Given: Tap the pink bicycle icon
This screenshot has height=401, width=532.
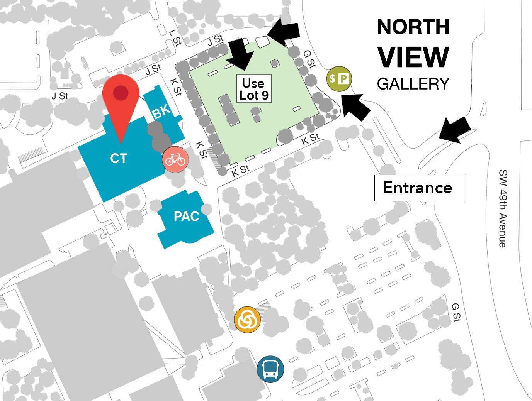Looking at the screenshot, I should [175, 159].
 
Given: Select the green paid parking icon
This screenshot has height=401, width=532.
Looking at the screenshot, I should [339, 79].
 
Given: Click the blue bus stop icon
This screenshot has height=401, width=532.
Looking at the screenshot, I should [270, 369].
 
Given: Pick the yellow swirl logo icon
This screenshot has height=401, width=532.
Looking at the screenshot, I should [247, 320].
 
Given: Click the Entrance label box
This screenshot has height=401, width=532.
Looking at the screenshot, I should [419, 188].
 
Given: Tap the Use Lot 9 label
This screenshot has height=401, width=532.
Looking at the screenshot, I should [254, 89].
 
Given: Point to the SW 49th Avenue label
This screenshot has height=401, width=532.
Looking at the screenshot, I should [503, 208].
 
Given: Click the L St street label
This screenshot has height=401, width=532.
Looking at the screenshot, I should [175, 38].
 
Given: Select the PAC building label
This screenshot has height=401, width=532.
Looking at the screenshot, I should [187, 217].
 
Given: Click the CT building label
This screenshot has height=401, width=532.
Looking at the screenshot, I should [119, 158].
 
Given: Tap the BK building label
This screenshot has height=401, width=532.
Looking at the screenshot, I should [161, 111].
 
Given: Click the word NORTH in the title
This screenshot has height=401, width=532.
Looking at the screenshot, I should [413, 27].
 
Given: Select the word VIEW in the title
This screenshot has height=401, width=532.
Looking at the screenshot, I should [413, 57].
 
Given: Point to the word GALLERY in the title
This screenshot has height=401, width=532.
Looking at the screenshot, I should [413, 84].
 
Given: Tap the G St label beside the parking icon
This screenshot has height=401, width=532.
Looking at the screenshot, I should [309, 59].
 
